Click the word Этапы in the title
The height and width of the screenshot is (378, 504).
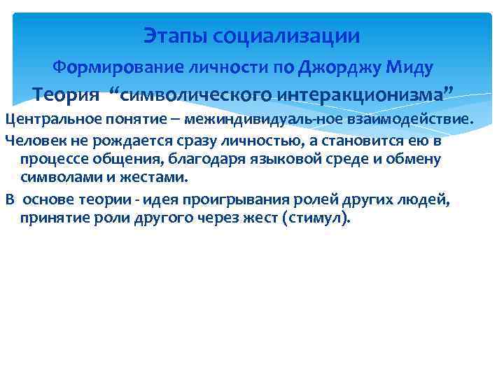167,35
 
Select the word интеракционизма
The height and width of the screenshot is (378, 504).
360,94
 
